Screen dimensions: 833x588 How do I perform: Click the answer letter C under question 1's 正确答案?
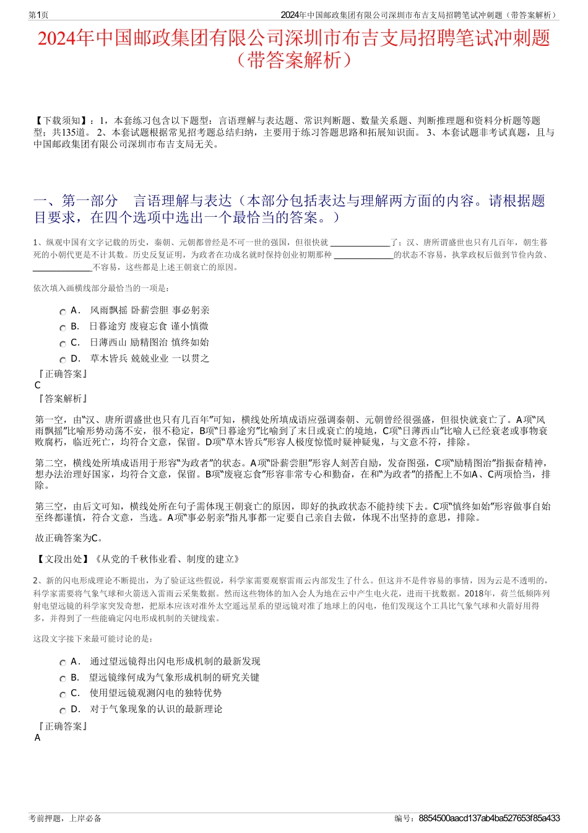(38, 385)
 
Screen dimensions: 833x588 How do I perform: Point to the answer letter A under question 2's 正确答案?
(38, 738)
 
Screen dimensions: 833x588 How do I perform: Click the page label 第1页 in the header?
(39, 15)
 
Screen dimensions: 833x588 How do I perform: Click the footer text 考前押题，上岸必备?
(65, 818)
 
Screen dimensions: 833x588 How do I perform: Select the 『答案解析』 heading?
(62, 399)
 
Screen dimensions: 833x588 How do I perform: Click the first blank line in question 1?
(360, 243)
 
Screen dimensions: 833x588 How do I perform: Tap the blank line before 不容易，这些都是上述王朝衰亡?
(63, 268)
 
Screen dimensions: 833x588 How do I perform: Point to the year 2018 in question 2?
(472, 593)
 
